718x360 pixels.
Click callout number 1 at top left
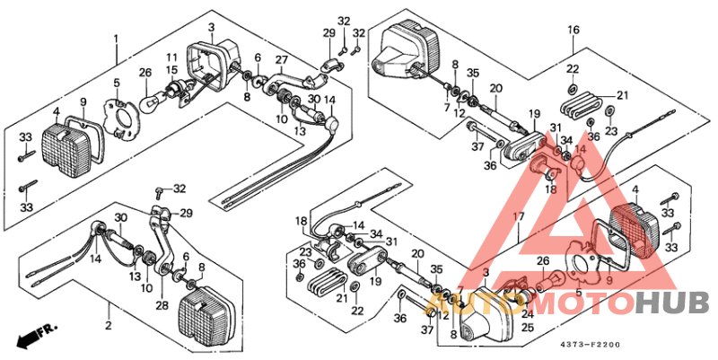(115, 39)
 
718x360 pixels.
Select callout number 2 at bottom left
(109, 325)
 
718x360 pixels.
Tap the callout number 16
(573, 31)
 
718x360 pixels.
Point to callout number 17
(518, 217)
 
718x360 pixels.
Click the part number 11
(171, 57)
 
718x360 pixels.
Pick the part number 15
(171, 69)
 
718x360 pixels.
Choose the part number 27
(281, 60)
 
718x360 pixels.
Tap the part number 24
(527, 314)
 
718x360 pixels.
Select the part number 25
(527, 328)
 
